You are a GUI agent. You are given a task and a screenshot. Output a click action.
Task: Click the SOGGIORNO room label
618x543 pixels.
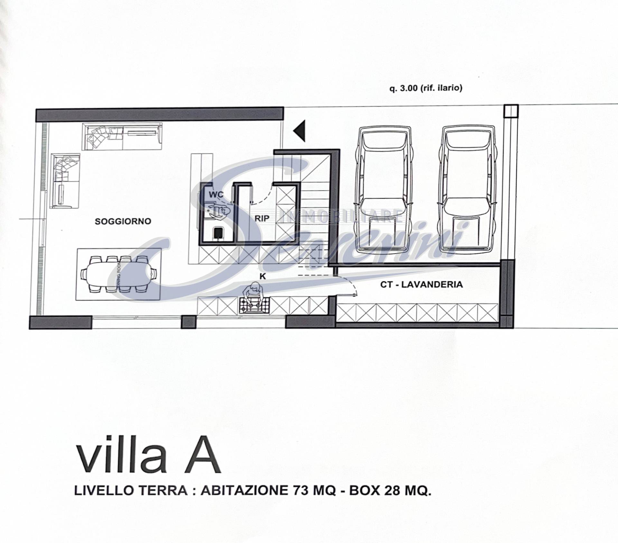coord(123,221)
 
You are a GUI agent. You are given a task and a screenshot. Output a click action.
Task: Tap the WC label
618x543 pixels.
coord(216,195)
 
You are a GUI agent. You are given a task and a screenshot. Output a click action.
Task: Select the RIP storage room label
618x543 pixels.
coord(262,218)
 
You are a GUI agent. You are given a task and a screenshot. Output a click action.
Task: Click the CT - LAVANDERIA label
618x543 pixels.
coord(421,284)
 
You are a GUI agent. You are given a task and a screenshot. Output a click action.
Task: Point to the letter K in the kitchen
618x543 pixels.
coord(263,276)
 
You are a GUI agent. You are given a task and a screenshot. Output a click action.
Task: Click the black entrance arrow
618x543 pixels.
coord(300,131)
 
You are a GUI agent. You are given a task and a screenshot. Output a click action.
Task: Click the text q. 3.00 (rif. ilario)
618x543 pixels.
coord(426,88)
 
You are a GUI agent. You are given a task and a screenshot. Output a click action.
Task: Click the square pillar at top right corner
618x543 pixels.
coord(511,111)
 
